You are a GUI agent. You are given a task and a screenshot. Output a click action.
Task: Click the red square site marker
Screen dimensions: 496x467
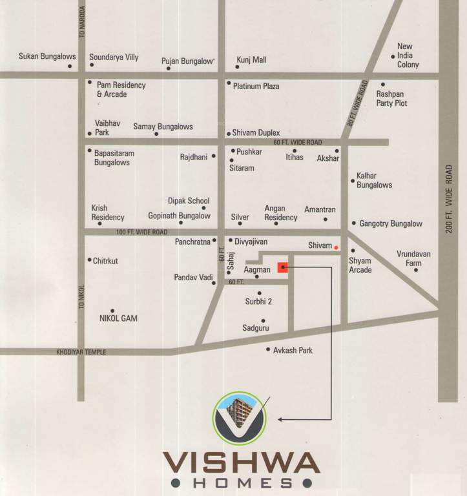tap(283, 267)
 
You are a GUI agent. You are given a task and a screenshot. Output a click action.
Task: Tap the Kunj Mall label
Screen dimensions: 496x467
tap(251, 59)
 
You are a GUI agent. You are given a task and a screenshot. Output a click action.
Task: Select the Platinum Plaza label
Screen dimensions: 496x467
tap(256, 86)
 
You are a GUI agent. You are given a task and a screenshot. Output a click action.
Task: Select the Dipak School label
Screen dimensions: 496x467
tap(189, 201)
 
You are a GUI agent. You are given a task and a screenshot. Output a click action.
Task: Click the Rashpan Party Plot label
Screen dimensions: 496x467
tap(391, 98)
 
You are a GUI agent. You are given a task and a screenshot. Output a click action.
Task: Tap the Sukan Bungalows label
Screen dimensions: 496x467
tap(47, 57)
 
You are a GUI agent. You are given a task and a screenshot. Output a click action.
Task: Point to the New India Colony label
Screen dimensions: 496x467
tap(408, 56)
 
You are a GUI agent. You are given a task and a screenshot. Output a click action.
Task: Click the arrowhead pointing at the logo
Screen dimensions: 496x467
tap(280, 419)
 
